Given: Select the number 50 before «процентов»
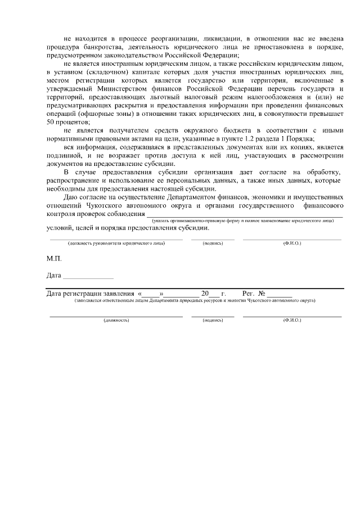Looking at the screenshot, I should [x=51, y=121].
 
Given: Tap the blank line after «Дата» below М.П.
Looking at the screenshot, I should [x=88, y=276].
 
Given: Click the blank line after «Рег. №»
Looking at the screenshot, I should [x=279, y=294].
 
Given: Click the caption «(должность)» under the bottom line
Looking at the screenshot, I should [x=116, y=320].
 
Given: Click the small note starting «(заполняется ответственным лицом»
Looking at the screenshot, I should [x=195, y=300].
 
